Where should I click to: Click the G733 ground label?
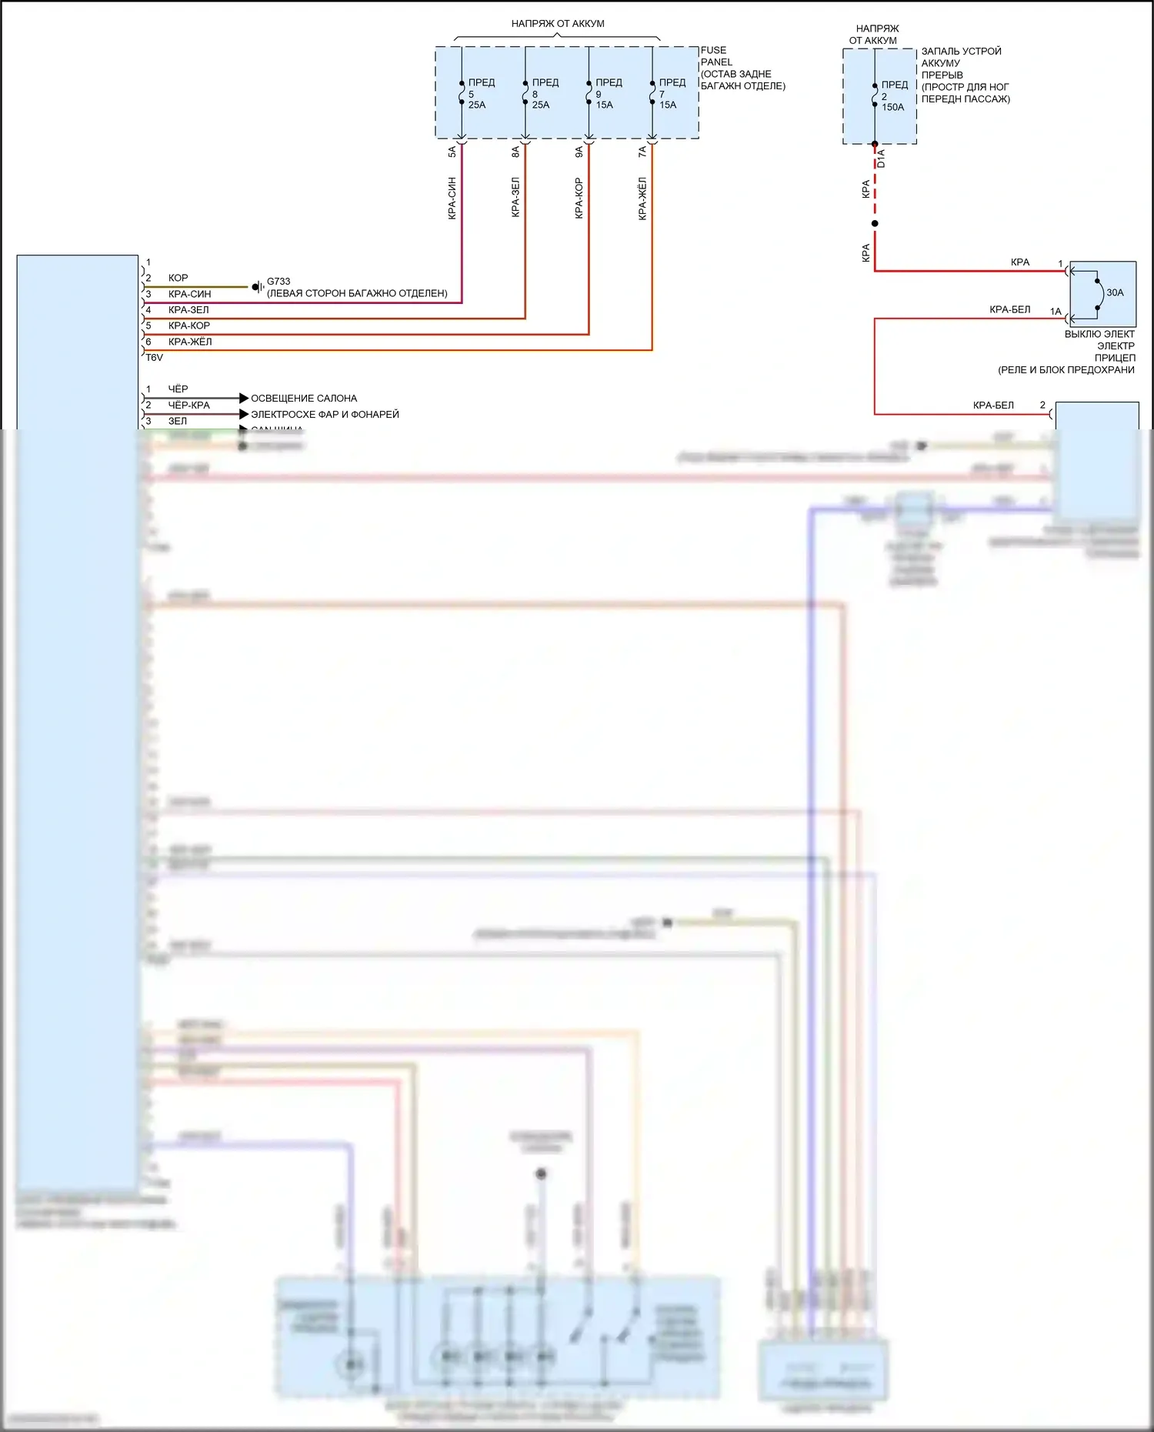point(278,282)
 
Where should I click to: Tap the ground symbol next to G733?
point(257,287)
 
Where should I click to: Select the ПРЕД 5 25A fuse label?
point(480,93)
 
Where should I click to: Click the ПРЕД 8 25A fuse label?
point(544,93)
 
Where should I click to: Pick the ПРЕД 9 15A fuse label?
point(608,93)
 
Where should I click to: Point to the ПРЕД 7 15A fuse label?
point(671,93)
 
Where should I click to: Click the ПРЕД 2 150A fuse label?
point(894,96)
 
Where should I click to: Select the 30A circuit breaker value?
point(1115,292)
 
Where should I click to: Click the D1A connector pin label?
point(882,159)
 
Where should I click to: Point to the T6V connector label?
point(155,358)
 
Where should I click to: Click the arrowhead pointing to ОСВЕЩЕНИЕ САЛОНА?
point(244,398)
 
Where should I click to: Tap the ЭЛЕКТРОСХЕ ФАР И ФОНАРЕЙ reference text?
point(325,414)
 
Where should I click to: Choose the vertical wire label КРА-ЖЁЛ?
point(642,199)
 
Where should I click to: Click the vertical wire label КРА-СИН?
point(452,199)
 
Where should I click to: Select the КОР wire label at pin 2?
point(178,278)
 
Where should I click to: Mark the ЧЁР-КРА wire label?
point(188,405)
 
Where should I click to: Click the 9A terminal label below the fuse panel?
point(579,152)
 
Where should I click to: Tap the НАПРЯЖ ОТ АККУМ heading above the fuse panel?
point(558,24)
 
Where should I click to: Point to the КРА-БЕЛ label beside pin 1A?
point(1009,309)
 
